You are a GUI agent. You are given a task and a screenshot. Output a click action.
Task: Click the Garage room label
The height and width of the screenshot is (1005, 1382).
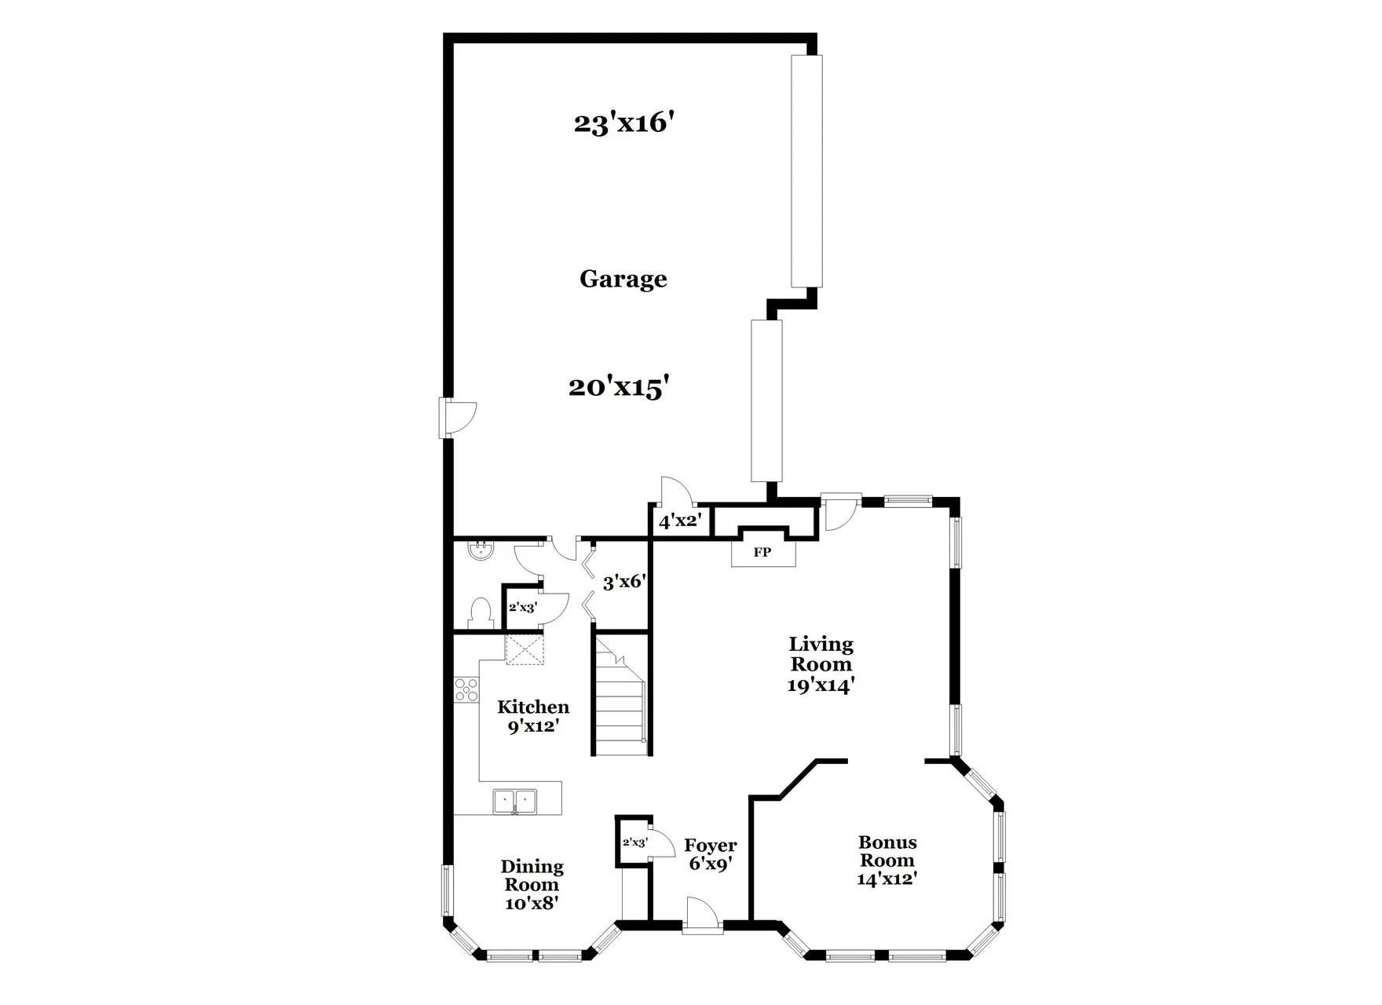pos(623,279)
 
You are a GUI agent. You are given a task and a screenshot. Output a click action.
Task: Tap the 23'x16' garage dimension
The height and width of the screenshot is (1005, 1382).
pos(624,123)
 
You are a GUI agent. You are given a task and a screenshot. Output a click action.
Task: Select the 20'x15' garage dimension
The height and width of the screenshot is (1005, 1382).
pos(619,387)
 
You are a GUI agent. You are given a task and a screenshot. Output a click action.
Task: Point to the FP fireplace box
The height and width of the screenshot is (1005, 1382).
pos(762,552)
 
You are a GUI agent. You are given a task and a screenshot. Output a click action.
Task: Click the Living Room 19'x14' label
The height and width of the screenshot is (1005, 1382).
pos(821,664)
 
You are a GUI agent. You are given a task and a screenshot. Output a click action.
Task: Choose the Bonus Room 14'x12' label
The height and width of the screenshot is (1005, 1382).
pos(887,861)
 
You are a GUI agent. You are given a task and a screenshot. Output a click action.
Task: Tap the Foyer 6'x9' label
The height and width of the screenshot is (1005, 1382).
pos(711,854)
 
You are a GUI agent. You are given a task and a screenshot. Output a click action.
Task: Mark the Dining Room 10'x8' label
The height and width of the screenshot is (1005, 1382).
pos(532,885)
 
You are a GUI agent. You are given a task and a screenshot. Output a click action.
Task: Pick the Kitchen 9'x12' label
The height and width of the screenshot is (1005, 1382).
pos(533,716)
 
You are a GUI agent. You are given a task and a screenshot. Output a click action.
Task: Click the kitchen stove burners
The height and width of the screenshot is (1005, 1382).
pos(466,689)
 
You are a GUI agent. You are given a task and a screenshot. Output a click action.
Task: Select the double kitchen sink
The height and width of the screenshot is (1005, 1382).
pos(515,802)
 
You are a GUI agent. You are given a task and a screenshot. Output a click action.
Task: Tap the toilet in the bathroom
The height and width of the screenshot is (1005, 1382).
pos(479,612)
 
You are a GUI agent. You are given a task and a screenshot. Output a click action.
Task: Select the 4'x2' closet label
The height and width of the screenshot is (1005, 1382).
pos(679,521)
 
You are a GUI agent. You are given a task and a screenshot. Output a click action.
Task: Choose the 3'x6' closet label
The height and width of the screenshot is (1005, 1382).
pos(624,583)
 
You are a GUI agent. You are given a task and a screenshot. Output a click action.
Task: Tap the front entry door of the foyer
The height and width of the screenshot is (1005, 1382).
pos(701,917)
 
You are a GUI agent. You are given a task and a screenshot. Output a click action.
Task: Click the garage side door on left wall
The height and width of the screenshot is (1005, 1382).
pos(457,418)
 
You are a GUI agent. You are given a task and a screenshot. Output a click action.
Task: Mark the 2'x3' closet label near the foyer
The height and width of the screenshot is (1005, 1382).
pos(634,842)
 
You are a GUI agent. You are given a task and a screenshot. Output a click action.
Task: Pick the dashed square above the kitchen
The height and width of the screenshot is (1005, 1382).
pos(525,650)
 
